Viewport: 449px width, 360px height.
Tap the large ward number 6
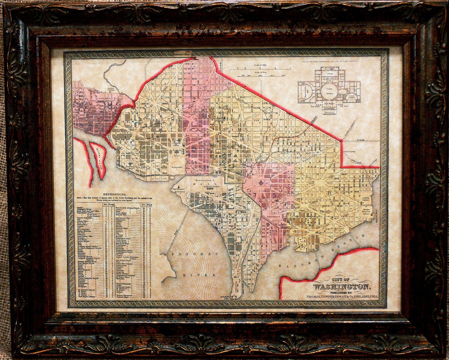[x=330, y=193]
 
